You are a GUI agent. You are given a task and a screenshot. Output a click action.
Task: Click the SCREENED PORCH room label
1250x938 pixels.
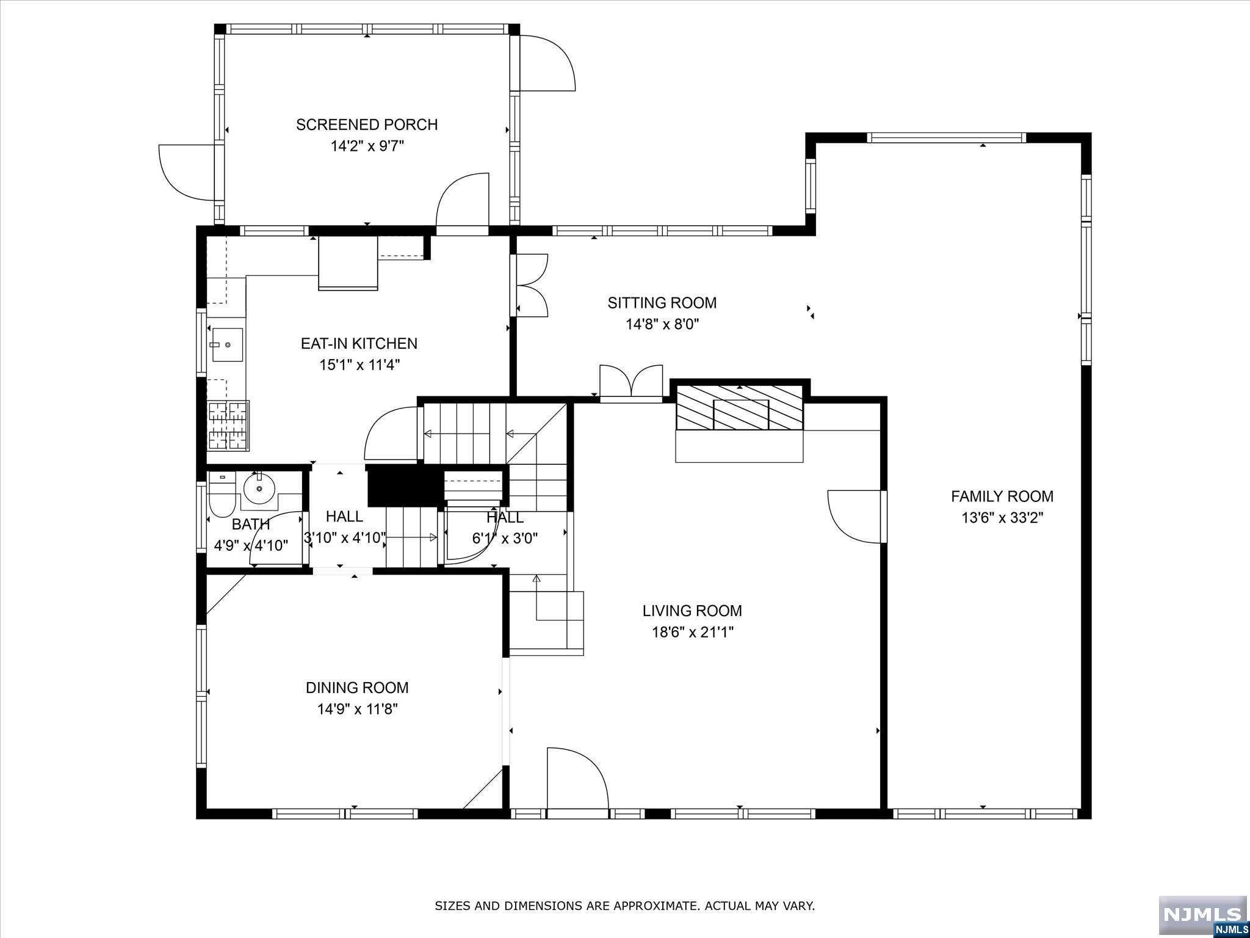367,125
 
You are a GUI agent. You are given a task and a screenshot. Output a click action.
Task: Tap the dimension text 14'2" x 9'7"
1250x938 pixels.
367,146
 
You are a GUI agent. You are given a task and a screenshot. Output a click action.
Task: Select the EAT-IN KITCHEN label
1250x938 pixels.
359,343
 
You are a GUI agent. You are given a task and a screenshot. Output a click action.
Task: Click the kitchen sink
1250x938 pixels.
227,345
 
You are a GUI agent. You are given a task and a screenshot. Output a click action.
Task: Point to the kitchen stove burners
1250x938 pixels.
228,426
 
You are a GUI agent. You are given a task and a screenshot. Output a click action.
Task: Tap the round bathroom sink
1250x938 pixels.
259,488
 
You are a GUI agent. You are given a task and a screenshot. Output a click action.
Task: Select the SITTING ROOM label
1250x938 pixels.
662,303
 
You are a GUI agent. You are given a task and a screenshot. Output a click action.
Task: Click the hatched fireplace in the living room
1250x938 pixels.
740,407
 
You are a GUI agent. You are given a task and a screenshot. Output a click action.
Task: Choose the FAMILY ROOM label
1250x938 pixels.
1002,496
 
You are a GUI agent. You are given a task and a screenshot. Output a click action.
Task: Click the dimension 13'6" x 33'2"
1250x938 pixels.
1002,518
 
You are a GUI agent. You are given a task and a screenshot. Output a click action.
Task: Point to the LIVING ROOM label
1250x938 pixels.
692,611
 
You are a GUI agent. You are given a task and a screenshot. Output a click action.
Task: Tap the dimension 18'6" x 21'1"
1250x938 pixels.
692,632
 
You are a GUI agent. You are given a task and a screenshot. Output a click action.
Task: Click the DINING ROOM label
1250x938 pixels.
357,688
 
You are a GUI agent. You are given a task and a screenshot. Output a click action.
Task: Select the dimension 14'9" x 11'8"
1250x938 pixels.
357,709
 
